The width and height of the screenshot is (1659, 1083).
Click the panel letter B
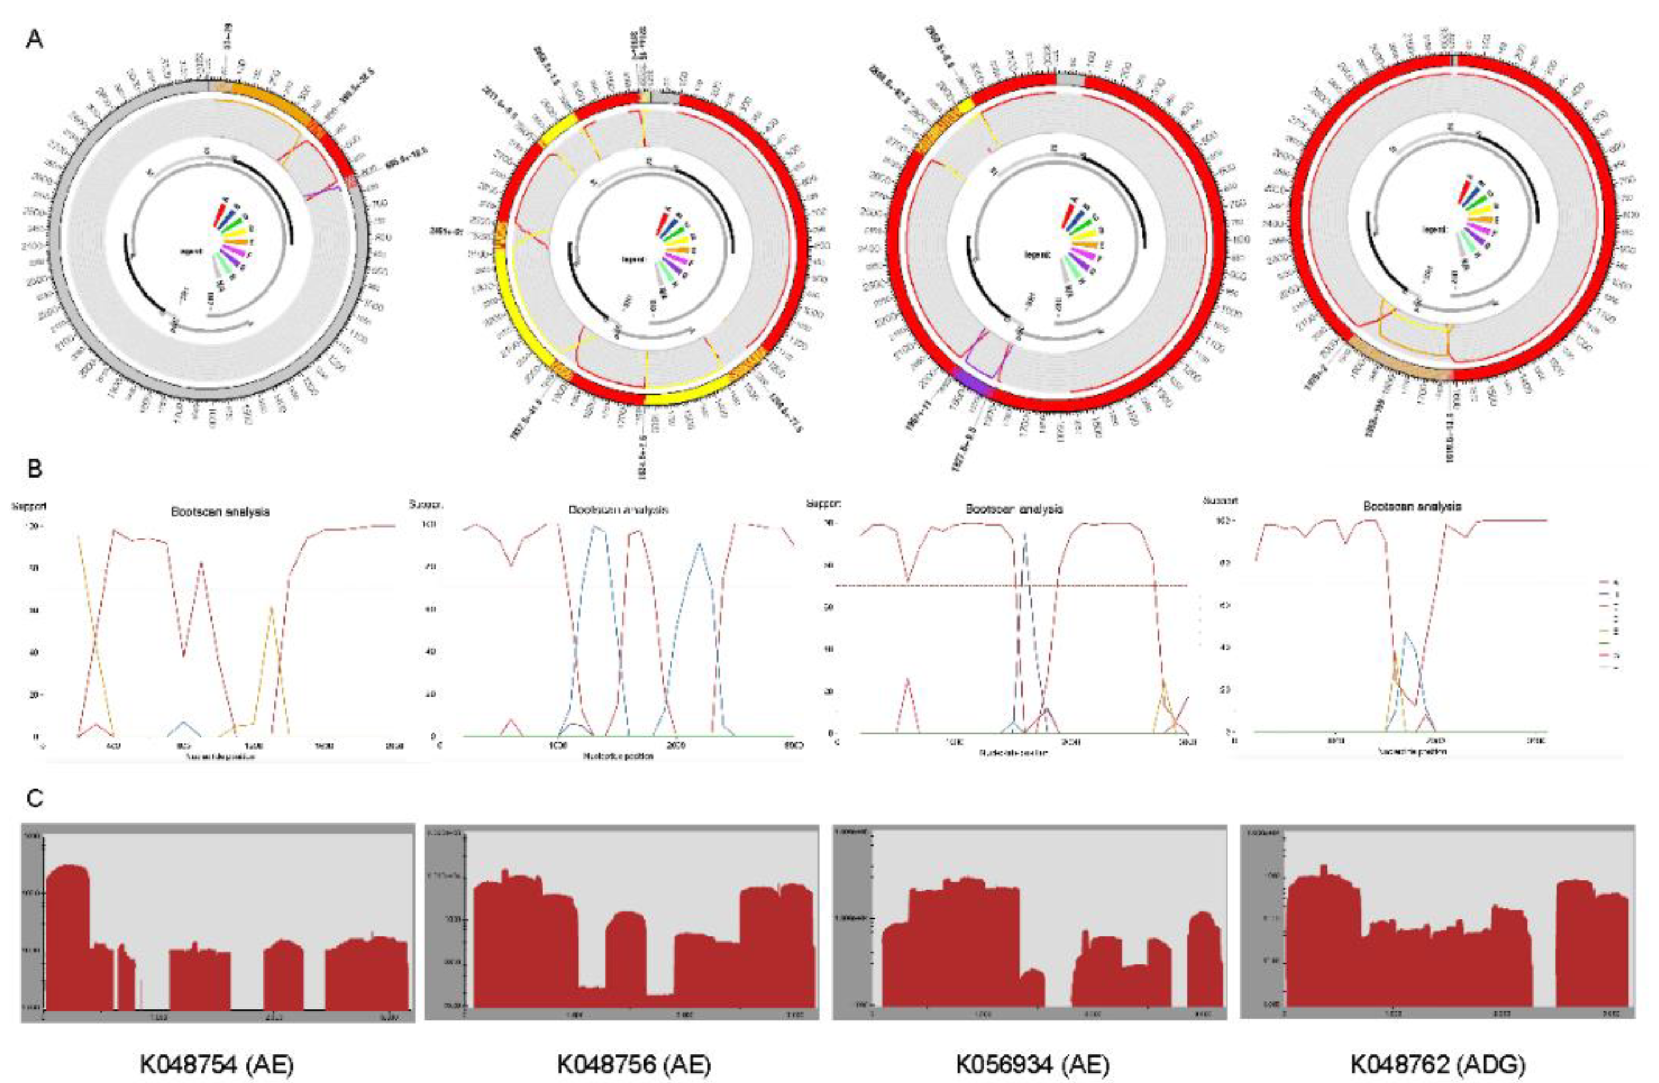tap(34, 468)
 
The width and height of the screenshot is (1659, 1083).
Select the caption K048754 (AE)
tap(216, 1064)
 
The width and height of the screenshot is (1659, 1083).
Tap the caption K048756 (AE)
tap(634, 1064)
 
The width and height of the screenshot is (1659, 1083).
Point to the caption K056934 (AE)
tap(1032, 1064)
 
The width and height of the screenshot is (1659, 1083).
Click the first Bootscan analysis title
tap(220, 511)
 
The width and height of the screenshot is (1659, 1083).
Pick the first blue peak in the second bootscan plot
tap(597, 530)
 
